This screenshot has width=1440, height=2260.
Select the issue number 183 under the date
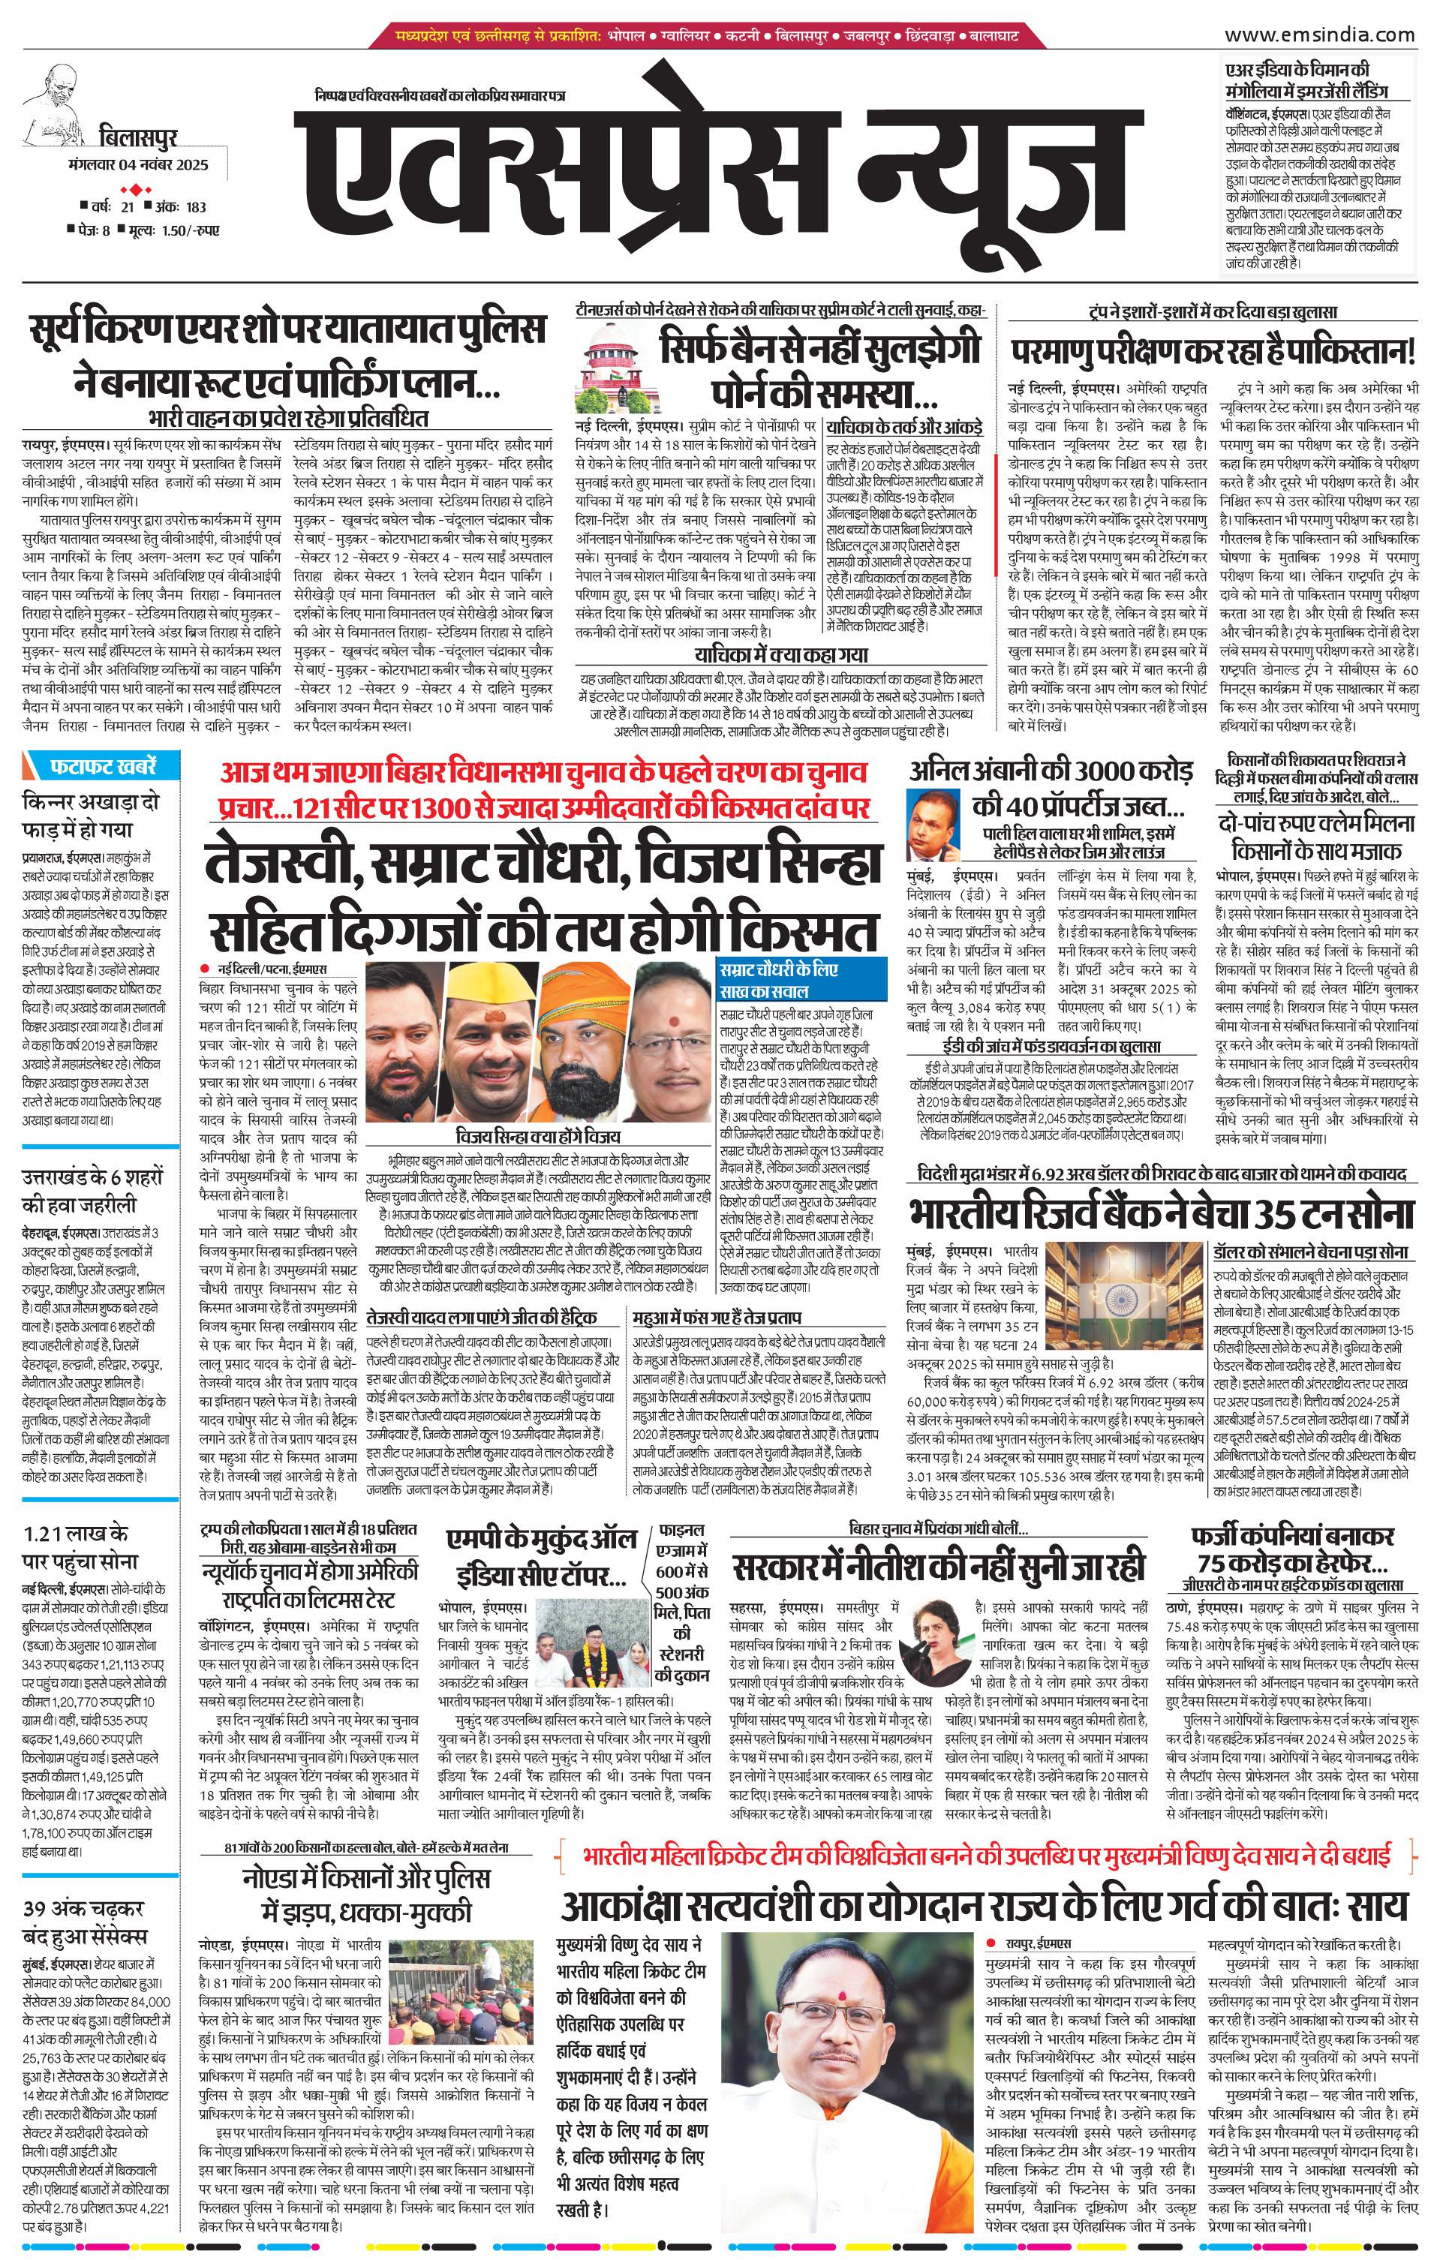pyautogui.click(x=195, y=207)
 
